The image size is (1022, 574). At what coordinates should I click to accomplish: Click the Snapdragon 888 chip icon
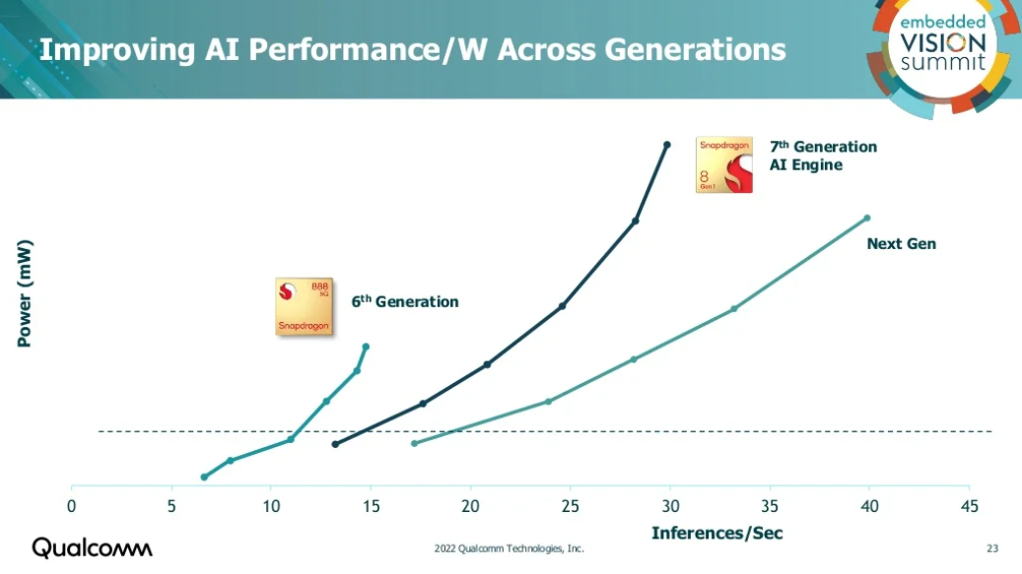click(x=304, y=306)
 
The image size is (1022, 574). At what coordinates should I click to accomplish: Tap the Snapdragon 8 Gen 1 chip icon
click(x=723, y=164)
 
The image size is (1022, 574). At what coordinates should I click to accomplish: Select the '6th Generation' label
click(x=405, y=302)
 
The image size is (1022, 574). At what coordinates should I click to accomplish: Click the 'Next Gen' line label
click(x=901, y=243)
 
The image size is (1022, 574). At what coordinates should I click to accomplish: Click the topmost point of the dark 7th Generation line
click(x=667, y=145)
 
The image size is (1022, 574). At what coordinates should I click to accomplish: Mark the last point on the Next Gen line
click(x=867, y=218)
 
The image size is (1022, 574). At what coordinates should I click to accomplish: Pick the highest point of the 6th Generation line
click(x=366, y=346)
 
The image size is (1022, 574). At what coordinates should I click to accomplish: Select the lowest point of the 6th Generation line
click(x=204, y=477)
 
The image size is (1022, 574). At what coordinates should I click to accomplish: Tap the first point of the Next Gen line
click(x=414, y=443)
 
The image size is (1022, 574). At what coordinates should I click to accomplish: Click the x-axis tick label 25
click(x=571, y=506)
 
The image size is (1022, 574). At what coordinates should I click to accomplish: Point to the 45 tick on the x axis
click(x=969, y=506)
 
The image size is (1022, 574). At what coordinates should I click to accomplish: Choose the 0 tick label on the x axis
click(x=72, y=506)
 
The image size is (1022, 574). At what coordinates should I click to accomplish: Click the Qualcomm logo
click(x=93, y=547)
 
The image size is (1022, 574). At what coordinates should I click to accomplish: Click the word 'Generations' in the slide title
click(x=689, y=49)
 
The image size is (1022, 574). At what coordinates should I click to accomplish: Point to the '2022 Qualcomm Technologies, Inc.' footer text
click(x=510, y=548)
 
